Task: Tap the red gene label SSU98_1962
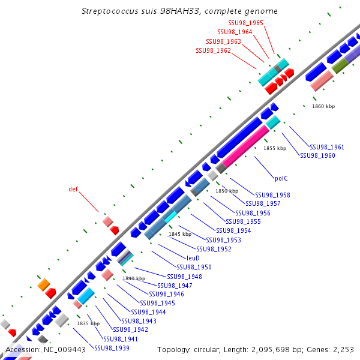[x=213, y=50]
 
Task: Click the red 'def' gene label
[x=73, y=189]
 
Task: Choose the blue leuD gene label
[x=193, y=258]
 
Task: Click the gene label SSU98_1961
[x=327, y=147]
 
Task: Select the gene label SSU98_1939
[x=112, y=348]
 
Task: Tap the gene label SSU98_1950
[x=194, y=267]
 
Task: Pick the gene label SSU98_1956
[x=253, y=213]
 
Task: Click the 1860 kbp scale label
[x=323, y=106]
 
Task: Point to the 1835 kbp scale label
[x=88, y=323]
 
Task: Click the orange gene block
[x=43, y=284]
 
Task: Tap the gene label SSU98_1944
[x=149, y=312]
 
